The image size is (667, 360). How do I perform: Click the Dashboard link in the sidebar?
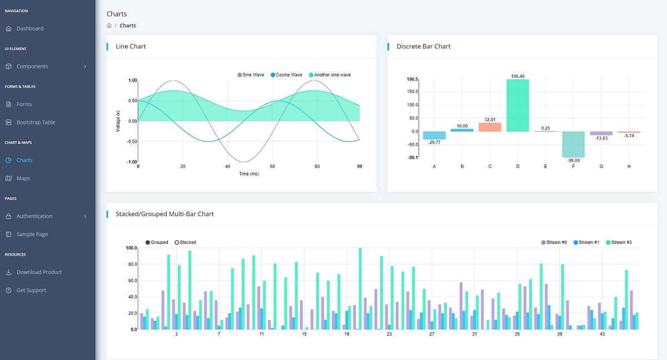pos(29,28)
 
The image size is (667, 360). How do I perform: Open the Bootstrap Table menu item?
pos(36,122)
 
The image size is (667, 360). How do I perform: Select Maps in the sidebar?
pos(23,178)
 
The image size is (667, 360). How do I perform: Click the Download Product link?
pos(39,272)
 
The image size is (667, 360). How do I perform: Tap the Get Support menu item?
pos(31,291)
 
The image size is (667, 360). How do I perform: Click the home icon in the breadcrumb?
pos(109,26)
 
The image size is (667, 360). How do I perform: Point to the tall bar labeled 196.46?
pos(517,105)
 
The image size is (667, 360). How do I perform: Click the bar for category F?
pos(573,144)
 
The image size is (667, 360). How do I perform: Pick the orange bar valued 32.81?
pos(490,127)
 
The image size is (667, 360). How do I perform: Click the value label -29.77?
pos(434,142)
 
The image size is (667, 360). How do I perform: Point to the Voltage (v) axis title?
pos(118,121)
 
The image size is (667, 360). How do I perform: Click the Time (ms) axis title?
pos(248,173)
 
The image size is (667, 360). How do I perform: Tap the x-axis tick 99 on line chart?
pos(359,166)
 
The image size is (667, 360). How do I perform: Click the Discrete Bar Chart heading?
pos(423,46)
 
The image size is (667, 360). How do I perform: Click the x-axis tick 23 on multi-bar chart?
pos(389,334)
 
